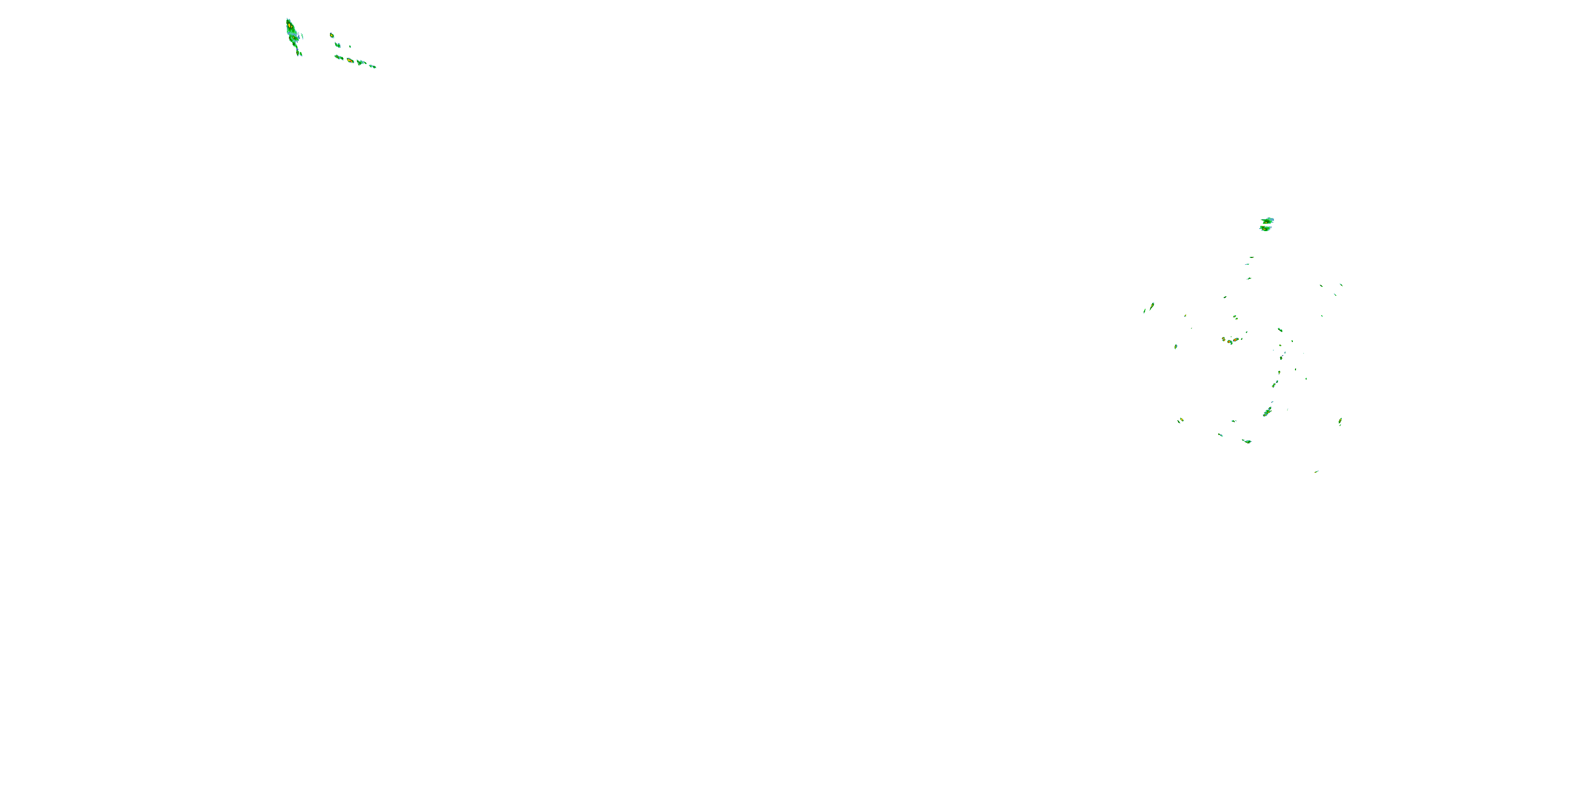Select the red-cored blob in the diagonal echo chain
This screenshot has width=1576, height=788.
coord(350,60)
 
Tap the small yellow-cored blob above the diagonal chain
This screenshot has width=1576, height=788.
coord(331,36)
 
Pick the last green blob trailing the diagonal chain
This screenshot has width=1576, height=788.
coord(372,66)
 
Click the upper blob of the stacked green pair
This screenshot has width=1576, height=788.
coord(1267,220)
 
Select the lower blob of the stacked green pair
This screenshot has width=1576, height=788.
coord(1265,228)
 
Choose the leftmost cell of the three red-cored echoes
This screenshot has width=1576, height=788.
coord(1224,338)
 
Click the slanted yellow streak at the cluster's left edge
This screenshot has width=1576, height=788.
coord(1152,305)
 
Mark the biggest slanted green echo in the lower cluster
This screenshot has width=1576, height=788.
coord(1267,412)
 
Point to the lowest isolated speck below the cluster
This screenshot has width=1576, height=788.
coord(1316,472)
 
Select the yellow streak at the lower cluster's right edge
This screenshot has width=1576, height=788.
coord(1340,420)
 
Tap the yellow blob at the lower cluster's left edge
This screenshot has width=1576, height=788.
coord(1181,420)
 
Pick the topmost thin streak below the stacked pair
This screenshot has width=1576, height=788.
coord(1251,257)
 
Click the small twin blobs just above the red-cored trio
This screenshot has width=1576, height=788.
coord(1235,317)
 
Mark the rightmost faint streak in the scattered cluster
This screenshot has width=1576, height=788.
coord(1341,285)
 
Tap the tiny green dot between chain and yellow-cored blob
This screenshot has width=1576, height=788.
coord(350,47)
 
